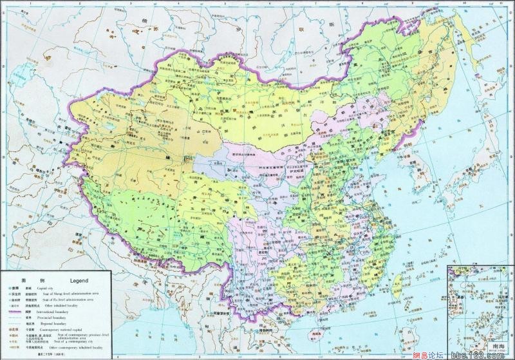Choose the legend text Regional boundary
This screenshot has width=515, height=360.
(x=53, y=323)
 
